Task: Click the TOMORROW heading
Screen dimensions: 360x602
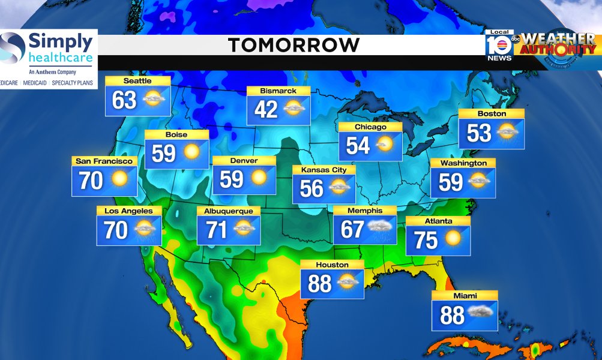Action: (x=293, y=44)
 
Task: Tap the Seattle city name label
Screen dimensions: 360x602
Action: (x=137, y=81)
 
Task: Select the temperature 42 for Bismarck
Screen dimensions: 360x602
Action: (x=266, y=109)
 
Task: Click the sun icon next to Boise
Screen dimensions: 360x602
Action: (x=191, y=152)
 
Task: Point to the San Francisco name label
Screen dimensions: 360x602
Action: (x=104, y=161)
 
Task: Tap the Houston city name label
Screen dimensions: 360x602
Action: (x=332, y=265)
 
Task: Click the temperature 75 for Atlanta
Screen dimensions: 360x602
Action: (x=426, y=239)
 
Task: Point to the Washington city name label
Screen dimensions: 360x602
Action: (x=463, y=163)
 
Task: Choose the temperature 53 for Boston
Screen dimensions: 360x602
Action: (x=479, y=133)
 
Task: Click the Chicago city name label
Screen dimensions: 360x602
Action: (x=370, y=127)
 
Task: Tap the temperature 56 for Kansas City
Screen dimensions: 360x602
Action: (x=312, y=188)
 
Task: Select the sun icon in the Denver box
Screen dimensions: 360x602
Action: (x=259, y=178)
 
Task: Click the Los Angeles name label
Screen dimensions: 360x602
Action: (x=128, y=211)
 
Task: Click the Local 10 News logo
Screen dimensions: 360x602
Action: (x=499, y=46)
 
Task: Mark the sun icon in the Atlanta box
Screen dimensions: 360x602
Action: (x=453, y=238)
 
